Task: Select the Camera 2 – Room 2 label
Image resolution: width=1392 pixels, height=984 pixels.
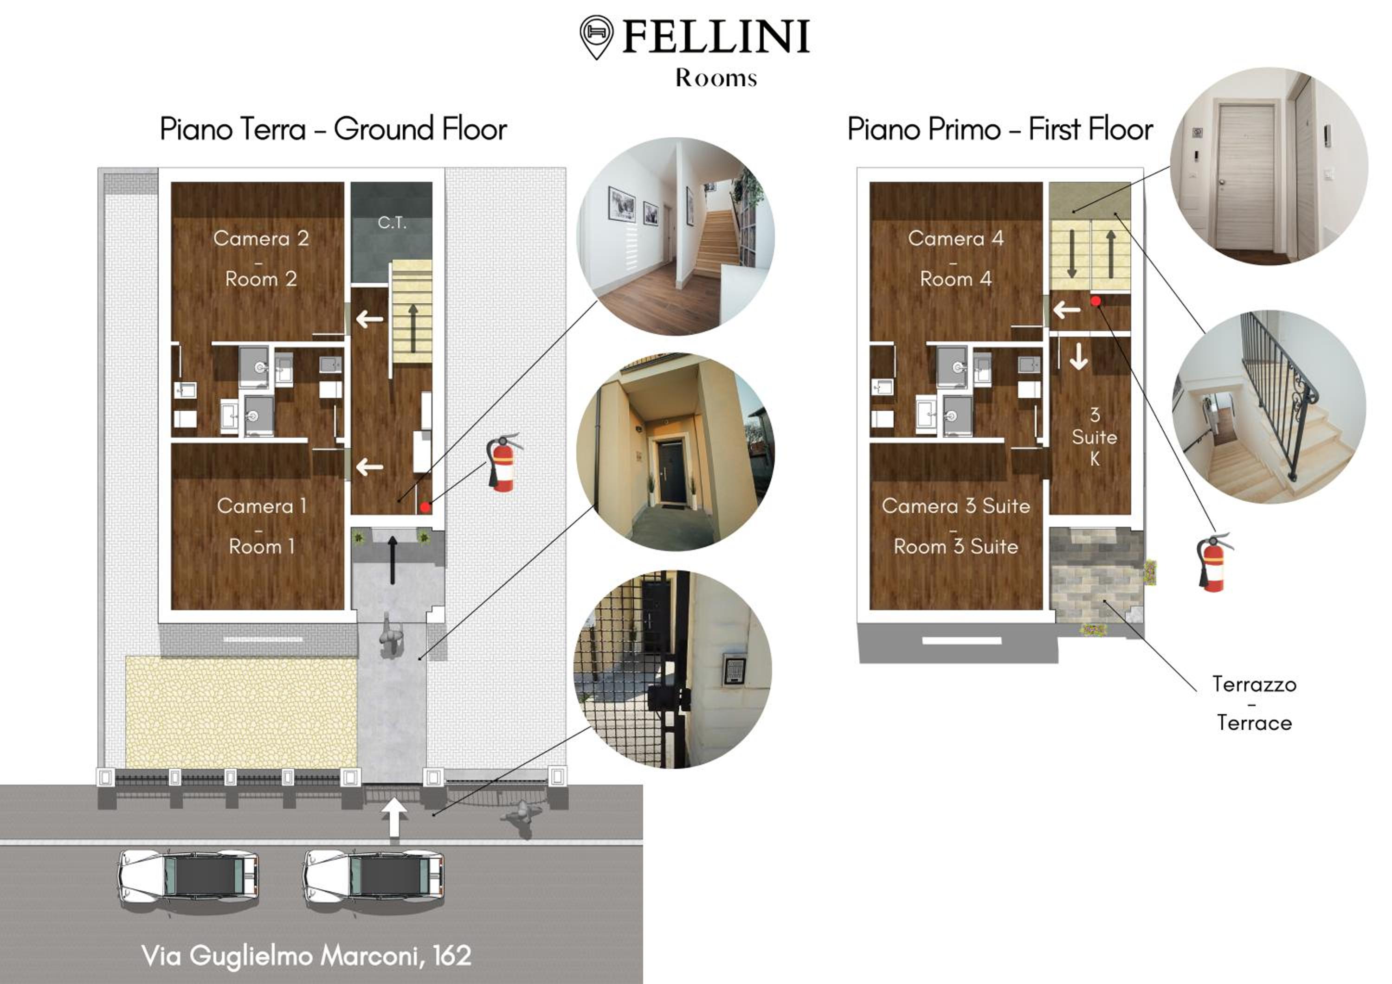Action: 261,258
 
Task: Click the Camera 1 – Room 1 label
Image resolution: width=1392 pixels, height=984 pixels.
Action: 261,526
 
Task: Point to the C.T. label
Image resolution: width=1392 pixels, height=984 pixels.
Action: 392,223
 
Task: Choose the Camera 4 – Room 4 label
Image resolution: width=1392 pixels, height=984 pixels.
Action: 955,258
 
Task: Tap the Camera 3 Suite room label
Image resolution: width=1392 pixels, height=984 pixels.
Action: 955,526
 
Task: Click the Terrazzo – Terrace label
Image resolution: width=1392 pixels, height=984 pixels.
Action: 1254,703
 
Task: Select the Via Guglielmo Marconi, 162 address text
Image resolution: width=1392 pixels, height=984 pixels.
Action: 306,956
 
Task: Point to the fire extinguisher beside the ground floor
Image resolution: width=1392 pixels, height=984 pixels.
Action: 504,462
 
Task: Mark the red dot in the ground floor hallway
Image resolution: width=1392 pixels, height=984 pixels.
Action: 425,506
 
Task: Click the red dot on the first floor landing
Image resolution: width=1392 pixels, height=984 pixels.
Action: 1096,300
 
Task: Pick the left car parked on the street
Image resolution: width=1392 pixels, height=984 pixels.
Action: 188,879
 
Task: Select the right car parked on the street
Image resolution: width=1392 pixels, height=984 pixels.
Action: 374,879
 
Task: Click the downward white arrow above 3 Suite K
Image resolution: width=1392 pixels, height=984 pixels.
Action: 1078,356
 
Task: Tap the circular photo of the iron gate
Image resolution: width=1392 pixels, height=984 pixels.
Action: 673,670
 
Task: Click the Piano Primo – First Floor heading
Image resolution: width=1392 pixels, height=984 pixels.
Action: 1000,129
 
